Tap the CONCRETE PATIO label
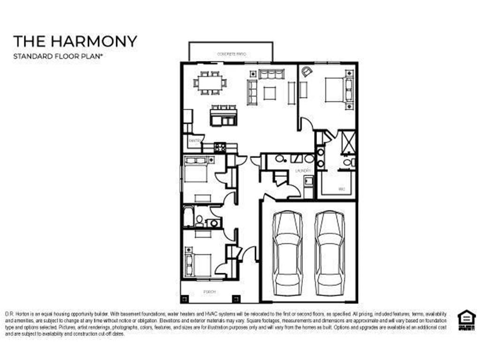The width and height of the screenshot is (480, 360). [231, 54]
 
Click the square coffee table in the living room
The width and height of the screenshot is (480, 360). [270, 93]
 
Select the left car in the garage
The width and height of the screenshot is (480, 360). [287, 253]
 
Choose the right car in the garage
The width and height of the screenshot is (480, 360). [330, 253]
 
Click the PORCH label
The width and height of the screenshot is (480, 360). [210, 292]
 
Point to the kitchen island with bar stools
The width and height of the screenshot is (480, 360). [223, 116]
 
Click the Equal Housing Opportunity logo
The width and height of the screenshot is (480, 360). [466, 321]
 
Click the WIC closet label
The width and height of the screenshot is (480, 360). [342, 189]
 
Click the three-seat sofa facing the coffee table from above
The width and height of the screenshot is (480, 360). [272, 74]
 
